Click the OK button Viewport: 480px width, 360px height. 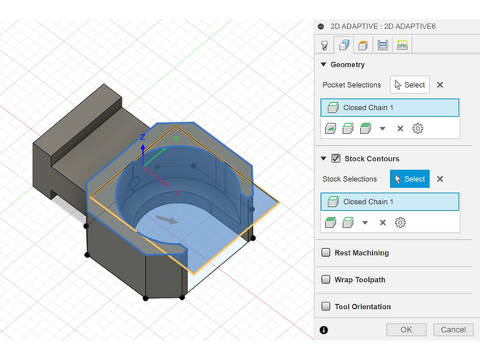(x=406, y=329)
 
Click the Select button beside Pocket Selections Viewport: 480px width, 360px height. (x=409, y=84)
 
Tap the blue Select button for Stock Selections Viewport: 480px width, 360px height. (x=409, y=179)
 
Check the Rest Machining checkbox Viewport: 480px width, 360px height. (x=326, y=253)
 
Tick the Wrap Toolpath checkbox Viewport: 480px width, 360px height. (x=326, y=280)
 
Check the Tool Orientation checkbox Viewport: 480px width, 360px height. (x=326, y=306)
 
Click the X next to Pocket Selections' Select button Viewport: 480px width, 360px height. (x=440, y=84)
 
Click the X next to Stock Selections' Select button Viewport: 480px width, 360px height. (x=440, y=179)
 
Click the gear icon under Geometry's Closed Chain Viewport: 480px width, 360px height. (x=418, y=128)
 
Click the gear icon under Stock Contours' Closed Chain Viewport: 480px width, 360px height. (x=400, y=222)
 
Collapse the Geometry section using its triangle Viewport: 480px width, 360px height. (x=324, y=64)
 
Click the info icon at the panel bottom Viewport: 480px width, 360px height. (x=324, y=330)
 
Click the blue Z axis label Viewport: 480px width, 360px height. (x=143, y=137)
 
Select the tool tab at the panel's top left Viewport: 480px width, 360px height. (x=325, y=45)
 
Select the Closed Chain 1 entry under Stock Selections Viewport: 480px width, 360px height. (x=389, y=202)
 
